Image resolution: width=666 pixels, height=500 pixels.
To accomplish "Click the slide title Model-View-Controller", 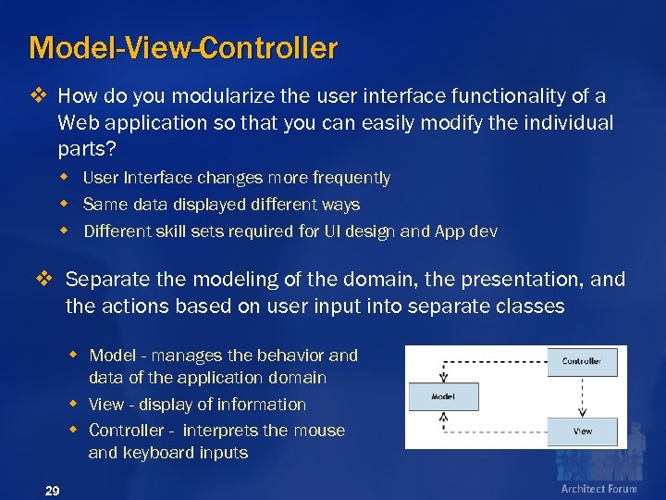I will [x=183, y=47].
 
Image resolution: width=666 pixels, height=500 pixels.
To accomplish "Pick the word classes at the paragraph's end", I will [x=530, y=306].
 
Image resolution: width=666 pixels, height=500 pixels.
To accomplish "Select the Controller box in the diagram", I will [x=581, y=361].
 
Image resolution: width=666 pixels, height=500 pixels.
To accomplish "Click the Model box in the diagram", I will [x=443, y=396].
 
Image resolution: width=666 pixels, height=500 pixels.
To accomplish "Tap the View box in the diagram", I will [x=582, y=431].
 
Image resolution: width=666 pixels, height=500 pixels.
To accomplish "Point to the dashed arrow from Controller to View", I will [x=582, y=396].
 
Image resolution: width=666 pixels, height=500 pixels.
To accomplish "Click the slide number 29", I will [x=53, y=491].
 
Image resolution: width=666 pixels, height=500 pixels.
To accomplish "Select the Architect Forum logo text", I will [x=598, y=489].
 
